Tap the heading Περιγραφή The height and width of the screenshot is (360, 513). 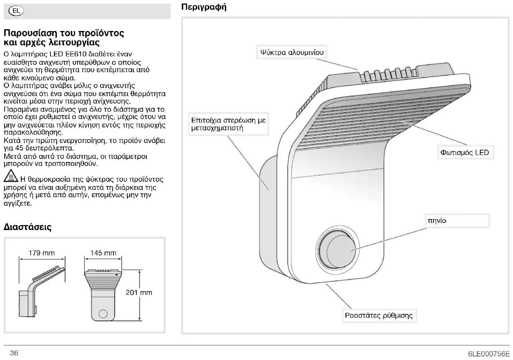tap(204, 7)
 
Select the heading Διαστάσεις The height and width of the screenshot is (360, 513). tap(27, 227)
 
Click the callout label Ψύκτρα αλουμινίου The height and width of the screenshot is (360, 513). tap(291, 53)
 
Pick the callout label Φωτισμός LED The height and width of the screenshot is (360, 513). tap(464, 153)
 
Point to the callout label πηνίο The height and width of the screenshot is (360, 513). tap(437, 221)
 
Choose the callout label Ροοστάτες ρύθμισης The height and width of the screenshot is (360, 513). tap(379, 315)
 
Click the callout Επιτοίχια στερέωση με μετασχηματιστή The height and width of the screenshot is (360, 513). tap(228, 124)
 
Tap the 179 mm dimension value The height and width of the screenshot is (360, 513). tap(42, 253)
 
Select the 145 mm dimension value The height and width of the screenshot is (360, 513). tap(103, 253)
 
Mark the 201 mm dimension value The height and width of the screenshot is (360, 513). tap(139, 292)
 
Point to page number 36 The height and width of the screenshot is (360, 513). tap(14, 353)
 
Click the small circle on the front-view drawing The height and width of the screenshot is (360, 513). tap(103, 313)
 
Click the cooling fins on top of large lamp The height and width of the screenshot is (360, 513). tap(384, 74)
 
